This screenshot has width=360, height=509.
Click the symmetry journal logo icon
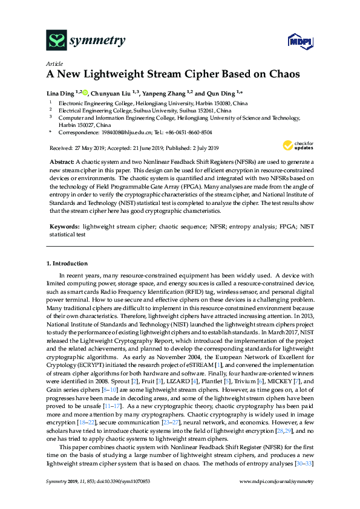pos(57,41)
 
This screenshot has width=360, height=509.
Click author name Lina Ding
pos(61,93)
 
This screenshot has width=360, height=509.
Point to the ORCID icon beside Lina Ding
pos(86,92)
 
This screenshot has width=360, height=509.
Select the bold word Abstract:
pos(61,163)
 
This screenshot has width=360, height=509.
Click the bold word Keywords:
pos(64,225)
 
